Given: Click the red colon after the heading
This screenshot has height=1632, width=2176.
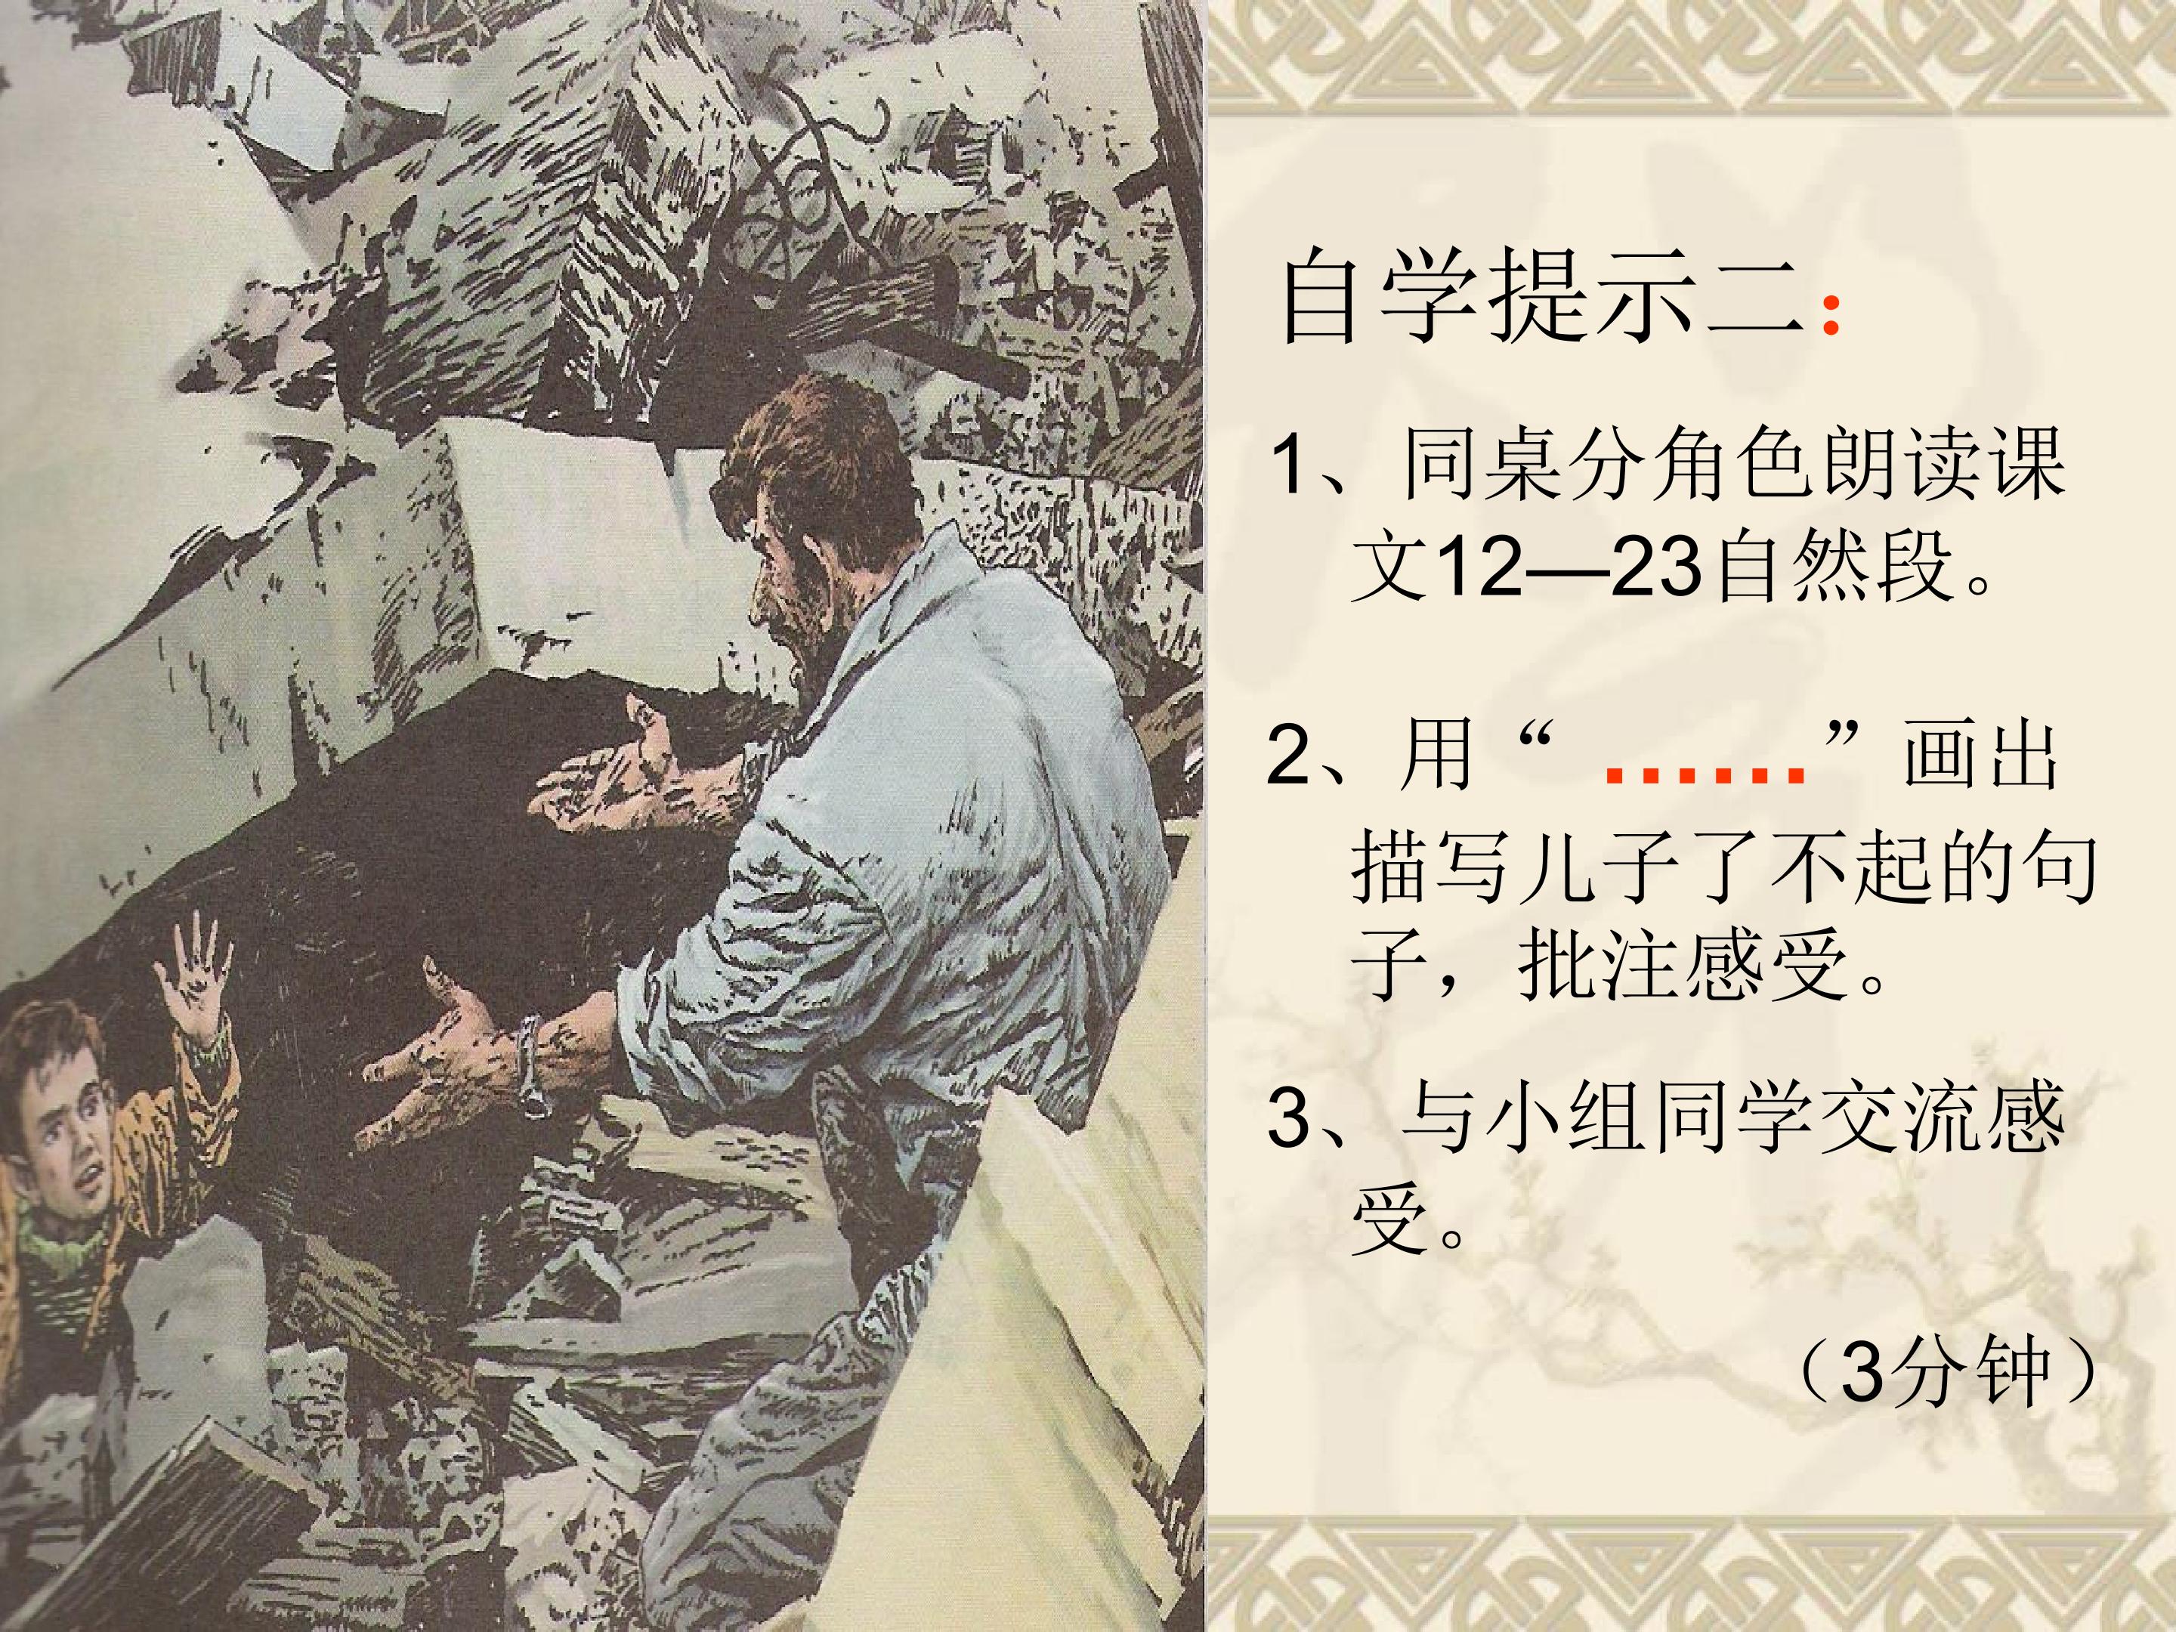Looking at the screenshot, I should [x=1830, y=319].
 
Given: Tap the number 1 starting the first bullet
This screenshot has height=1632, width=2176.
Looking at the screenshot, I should [x=1289, y=465].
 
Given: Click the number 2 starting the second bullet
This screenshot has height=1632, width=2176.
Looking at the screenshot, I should [x=1289, y=755].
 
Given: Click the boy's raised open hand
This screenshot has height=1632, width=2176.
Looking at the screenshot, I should [x=193, y=974].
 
